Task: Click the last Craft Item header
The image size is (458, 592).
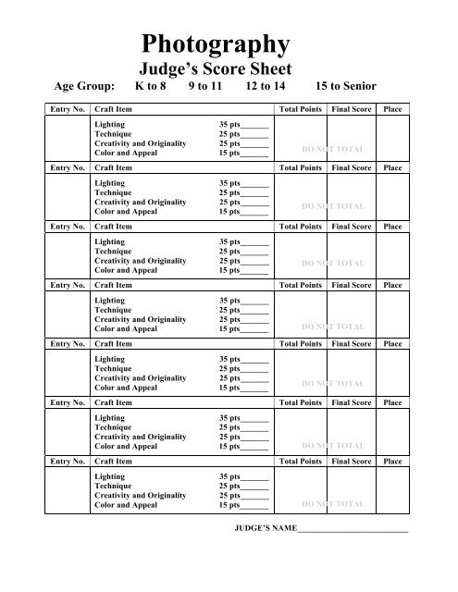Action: point(116,460)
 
